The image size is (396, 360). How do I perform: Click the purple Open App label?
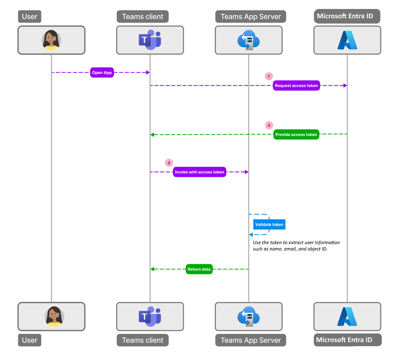coord(102,73)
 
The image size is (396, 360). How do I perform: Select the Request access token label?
coord(296,86)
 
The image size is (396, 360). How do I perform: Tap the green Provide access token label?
coord(296,135)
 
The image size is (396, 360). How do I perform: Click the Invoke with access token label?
coord(199,172)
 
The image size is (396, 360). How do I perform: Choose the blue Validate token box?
coord(269,225)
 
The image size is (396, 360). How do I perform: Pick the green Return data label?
coord(199,269)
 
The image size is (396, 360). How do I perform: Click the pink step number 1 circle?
coord(269,76)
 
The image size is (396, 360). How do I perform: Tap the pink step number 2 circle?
coord(269,125)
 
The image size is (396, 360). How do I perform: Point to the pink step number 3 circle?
coord(169,163)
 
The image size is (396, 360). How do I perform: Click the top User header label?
coord(30,16)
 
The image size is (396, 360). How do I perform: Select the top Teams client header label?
coord(143,16)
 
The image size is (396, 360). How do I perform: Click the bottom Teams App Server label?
coord(251,340)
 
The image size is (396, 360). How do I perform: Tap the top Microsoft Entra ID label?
coord(347,16)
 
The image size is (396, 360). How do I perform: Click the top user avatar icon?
coord(51,40)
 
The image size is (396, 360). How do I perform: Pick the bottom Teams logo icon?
coord(150,316)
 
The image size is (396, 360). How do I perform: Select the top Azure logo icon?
coord(347,40)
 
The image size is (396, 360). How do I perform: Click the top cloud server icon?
coord(248,40)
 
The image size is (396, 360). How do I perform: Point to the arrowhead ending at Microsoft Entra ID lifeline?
coord(345,86)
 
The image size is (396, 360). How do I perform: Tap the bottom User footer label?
coord(30,340)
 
